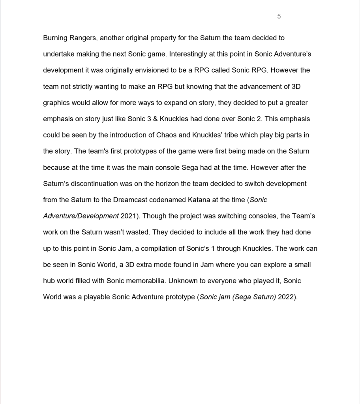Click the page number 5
tap(279, 16)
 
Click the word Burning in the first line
tap(55, 38)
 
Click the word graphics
tap(56, 103)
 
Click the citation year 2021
tap(128, 216)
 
